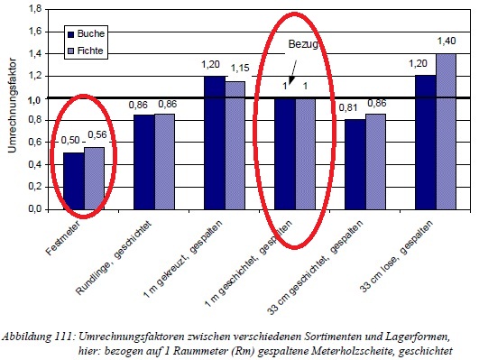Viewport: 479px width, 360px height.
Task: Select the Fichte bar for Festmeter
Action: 94,178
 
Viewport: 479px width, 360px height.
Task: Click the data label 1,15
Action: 239,69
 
